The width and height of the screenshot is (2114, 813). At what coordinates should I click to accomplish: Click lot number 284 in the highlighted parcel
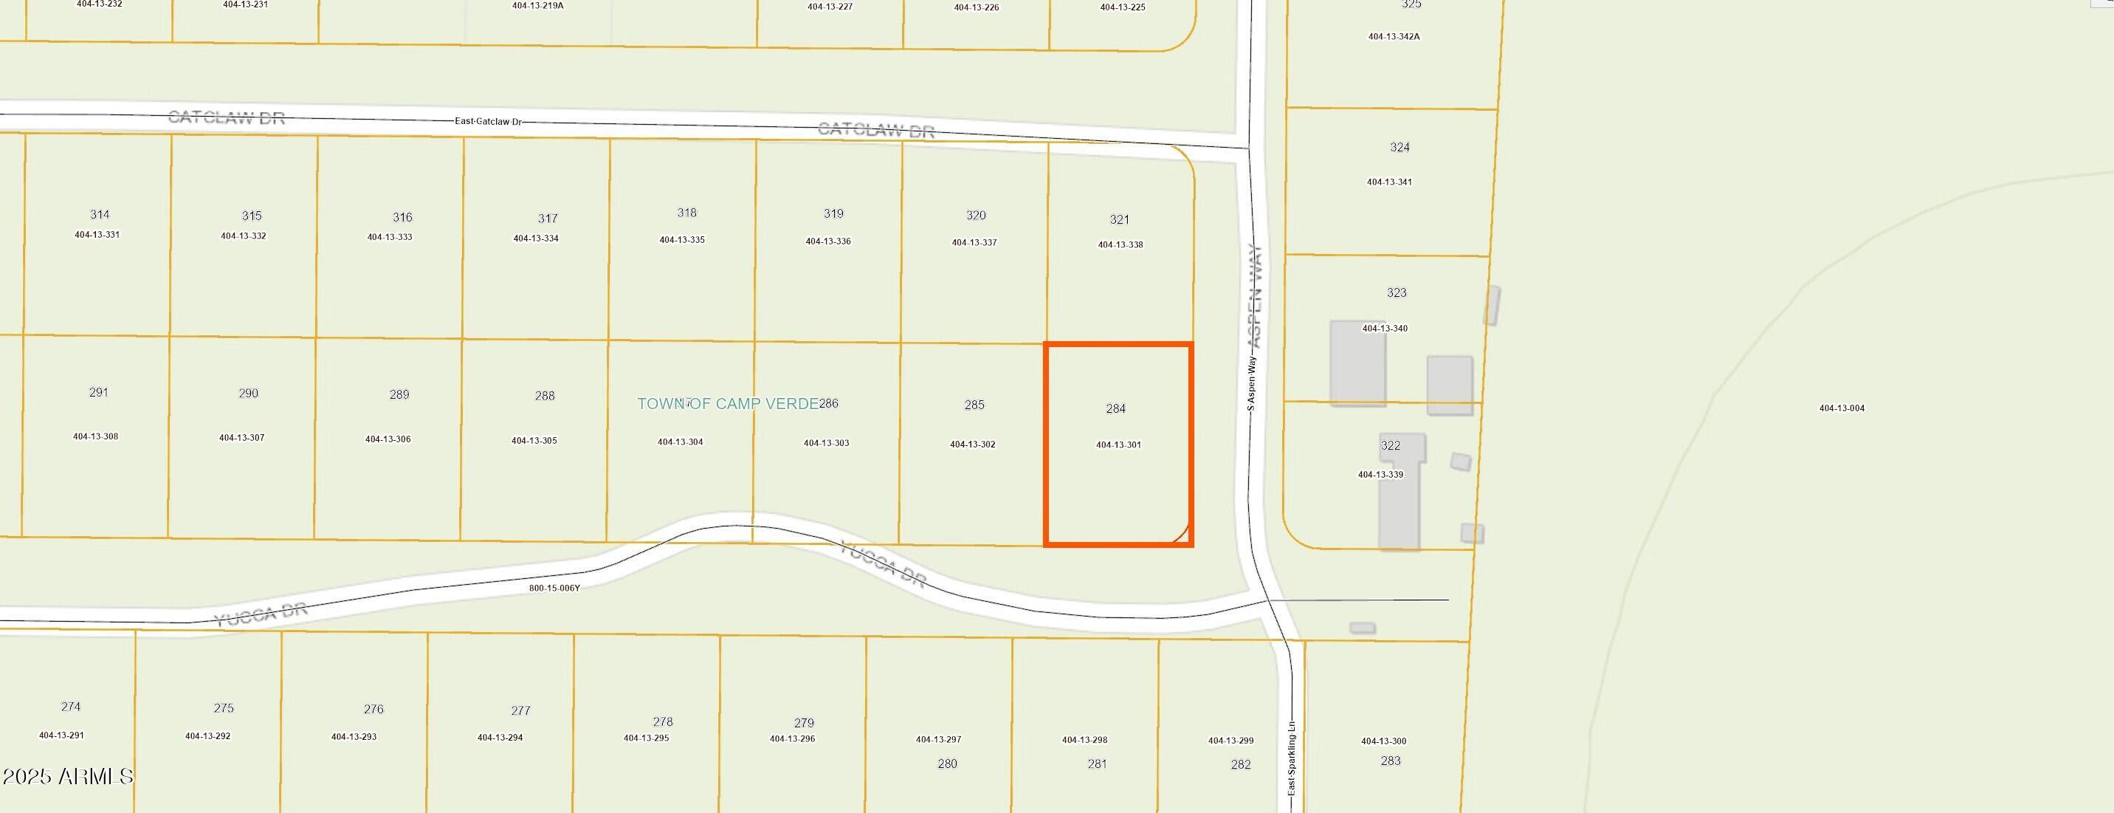tap(1115, 408)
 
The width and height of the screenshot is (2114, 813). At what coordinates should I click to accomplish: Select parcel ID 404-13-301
tap(1118, 445)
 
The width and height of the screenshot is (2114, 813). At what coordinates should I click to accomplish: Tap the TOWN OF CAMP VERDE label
tap(727, 403)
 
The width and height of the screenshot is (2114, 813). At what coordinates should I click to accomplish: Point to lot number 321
tap(1119, 219)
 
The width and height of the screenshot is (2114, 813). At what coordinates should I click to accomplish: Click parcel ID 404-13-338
tap(1120, 244)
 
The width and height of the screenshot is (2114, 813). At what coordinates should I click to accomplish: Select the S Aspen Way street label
tap(1250, 383)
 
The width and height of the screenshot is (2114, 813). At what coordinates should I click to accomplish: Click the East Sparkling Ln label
tap(1291, 757)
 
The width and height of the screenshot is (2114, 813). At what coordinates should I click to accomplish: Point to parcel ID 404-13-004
tap(1842, 408)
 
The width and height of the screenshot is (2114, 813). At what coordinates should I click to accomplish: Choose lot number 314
tap(100, 214)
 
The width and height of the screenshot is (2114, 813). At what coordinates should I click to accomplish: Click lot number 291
tap(98, 393)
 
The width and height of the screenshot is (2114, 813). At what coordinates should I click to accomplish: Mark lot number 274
tap(71, 706)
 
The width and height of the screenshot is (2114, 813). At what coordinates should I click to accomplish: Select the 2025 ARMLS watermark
tap(67, 776)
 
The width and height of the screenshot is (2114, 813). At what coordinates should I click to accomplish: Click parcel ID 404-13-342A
tap(1394, 37)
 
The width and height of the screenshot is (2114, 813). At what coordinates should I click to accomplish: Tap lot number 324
tap(1399, 147)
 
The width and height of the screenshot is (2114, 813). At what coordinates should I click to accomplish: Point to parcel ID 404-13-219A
tap(537, 6)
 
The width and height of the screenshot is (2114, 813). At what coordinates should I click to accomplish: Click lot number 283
tap(1390, 761)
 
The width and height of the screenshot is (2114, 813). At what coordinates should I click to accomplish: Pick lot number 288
tap(544, 396)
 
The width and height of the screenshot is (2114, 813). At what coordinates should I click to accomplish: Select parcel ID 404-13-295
tap(646, 738)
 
